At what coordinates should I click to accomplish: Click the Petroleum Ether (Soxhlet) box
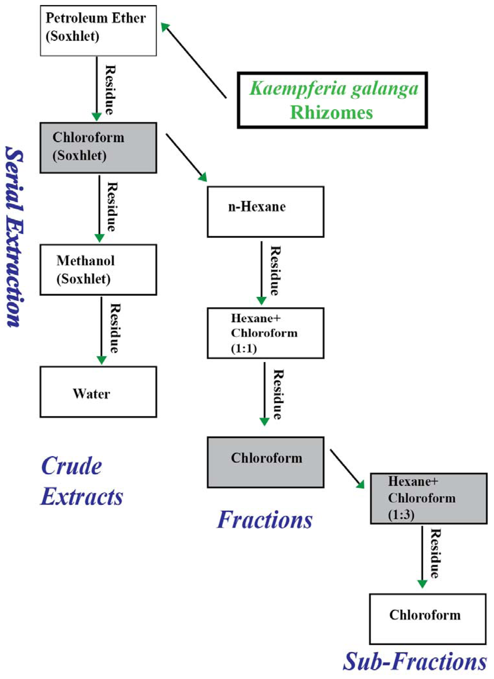[x=98, y=30]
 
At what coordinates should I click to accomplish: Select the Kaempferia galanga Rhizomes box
[x=332, y=100]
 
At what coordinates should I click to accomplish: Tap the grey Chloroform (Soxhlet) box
[x=98, y=148]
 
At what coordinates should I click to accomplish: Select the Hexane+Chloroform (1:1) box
[x=265, y=333]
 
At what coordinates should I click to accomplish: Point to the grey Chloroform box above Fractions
[x=265, y=462]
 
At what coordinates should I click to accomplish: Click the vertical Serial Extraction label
[x=14, y=237]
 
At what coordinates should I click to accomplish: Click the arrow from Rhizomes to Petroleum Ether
[x=194, y=61]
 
